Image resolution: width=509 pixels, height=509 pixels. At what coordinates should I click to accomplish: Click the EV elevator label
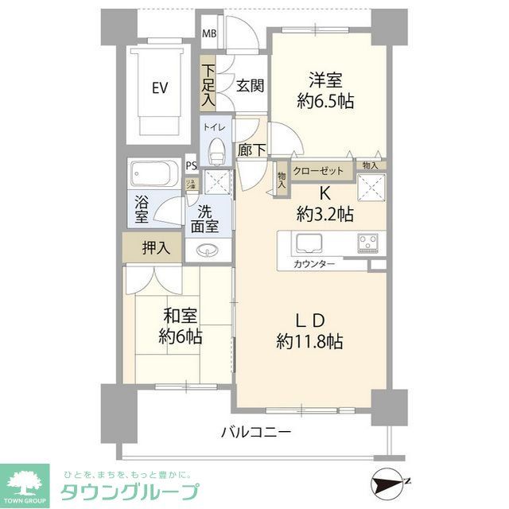pyautogui.click(x=160, y=88)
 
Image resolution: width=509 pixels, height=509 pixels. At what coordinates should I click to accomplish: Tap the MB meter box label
pyautogui.click(x=208, y=33)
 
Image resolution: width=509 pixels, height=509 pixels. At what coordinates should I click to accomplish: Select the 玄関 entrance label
pyautogui.click(x=250, y=86)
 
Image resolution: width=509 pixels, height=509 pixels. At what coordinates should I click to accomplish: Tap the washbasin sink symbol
pyautogui.click(x=211, y=250)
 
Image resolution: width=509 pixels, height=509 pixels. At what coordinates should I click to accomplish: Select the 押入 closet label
pyautogui.click(x=156, y=247)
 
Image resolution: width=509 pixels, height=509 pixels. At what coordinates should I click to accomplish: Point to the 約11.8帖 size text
pyautogui.click(x=309, y=342)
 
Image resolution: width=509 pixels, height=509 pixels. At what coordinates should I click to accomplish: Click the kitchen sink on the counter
pyautogui.click(x=308, y=242)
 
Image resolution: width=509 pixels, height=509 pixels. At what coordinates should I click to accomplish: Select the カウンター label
pyautogui.click(x=314, y=263)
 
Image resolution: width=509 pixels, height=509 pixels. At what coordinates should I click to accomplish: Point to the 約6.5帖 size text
pyautogui.click(x=325, y=101)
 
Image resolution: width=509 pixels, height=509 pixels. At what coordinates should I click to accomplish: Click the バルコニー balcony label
pyautogui.click(x=255, y=432)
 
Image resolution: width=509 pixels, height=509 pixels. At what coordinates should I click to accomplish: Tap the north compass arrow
pyautogui.click(x=390, y=482)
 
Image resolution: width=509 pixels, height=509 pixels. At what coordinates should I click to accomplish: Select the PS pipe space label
pyautogui.click(x=191, y=166)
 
